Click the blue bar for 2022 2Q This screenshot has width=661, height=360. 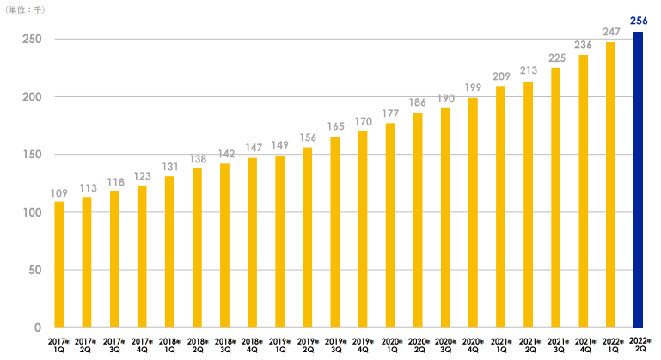(638, 180)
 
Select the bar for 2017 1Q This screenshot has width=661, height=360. (59, 265)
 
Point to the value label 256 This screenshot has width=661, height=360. (638, 20)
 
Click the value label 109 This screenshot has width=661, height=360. (59, 193)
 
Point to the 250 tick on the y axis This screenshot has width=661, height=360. (32, 39)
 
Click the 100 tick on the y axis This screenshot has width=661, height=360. (32, 212)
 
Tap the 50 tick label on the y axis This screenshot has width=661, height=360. (34, 270)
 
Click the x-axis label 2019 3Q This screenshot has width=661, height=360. (335, 345)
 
